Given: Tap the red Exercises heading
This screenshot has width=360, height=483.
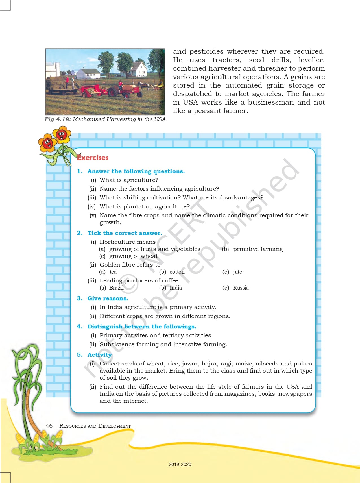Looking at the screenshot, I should [x=93, y=158].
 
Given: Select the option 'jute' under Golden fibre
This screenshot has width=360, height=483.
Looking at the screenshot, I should [x=237, y=272].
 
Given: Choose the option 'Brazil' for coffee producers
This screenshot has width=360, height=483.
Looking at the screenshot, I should [x=116, y=288].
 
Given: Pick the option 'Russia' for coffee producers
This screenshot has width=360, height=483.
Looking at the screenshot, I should [x=241, y=288].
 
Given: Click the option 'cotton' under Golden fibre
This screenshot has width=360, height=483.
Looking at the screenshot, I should [x=177, y=272].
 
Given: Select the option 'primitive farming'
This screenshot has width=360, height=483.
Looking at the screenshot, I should [x=258, y=249].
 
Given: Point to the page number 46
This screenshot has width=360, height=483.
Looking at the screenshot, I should [x=49, y=426].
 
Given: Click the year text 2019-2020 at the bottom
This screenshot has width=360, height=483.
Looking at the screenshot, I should [x=180, y=464].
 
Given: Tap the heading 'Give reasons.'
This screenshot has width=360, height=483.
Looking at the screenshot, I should [x=108, y=298].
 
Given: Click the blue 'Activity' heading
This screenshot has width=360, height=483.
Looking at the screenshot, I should [x=99, y=355].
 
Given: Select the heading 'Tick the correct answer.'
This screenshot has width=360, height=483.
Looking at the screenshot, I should [x=125, y=233].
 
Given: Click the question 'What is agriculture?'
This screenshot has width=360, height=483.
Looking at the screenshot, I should [x=129, y=180].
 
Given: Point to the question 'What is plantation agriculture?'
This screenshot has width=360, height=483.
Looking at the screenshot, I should [x=145, y=206].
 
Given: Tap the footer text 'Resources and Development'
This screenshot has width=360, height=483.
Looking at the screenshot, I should [x=95, y=426].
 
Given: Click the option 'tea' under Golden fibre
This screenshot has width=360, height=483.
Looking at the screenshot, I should [x=113, y=272].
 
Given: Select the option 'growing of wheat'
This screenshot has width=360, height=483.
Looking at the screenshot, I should [x=134, y=256].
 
